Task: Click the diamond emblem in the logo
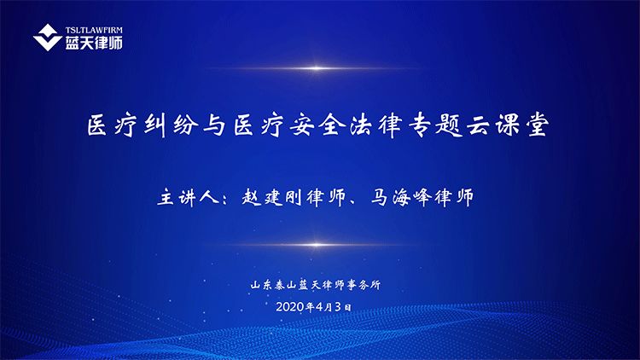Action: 47,38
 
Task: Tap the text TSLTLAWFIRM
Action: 94,30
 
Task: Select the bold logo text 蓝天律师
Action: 94,43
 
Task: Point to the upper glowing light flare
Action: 316,68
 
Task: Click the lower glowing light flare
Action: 316,245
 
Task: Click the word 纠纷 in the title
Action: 172,125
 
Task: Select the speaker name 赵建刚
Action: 271,197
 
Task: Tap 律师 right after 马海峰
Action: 454,197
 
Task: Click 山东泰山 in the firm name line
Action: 273,285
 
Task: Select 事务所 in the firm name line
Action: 364,285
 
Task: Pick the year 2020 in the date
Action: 290,307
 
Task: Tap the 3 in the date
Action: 338,307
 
